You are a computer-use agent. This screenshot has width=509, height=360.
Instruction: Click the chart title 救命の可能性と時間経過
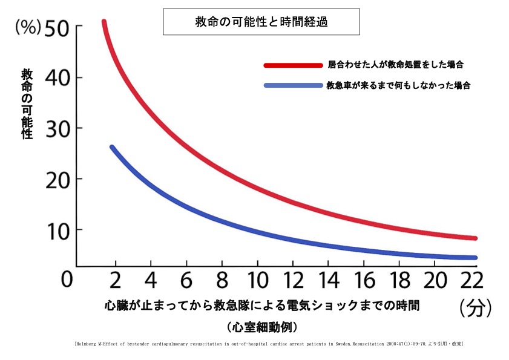[261, 21]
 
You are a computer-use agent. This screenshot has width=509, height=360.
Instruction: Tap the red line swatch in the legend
[293, 64]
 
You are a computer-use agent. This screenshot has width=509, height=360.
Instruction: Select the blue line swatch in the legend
[293, 85]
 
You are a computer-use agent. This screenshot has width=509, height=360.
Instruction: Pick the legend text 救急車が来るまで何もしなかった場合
[399, 85]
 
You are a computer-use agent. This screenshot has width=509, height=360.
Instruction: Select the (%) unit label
[28, 28]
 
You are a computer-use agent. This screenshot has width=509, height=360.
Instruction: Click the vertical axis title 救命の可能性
[27, 104]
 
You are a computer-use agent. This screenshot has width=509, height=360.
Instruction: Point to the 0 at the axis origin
[67, 280]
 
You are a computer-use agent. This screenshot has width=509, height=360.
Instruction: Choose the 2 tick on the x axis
[113, 280]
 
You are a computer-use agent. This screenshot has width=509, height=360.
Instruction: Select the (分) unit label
[475, 309]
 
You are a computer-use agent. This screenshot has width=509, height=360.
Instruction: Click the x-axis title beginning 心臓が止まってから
[261, 305]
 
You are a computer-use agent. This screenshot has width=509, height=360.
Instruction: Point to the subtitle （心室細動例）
[261, 328]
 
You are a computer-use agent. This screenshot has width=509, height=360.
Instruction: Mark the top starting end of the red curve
[103, 22]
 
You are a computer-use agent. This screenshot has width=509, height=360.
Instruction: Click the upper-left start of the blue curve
[112, 147]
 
